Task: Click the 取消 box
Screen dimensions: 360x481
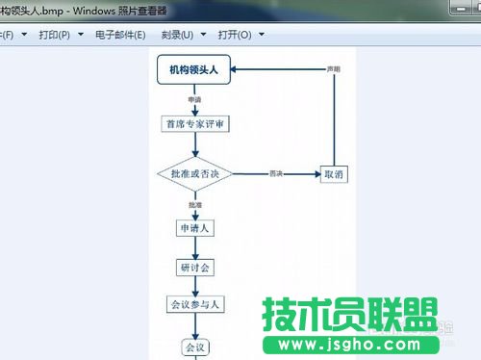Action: (333, 174)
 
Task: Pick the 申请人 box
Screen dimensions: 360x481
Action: (194, 228)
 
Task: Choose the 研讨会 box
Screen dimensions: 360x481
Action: (194, 267)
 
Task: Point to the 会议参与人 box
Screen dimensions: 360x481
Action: (194, 304)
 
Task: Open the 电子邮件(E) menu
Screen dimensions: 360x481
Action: (120, 35)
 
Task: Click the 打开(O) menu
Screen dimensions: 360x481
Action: (239, 35)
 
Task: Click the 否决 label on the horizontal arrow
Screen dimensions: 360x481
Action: (276, 173)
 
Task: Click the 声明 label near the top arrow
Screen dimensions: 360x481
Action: (333, 70)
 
